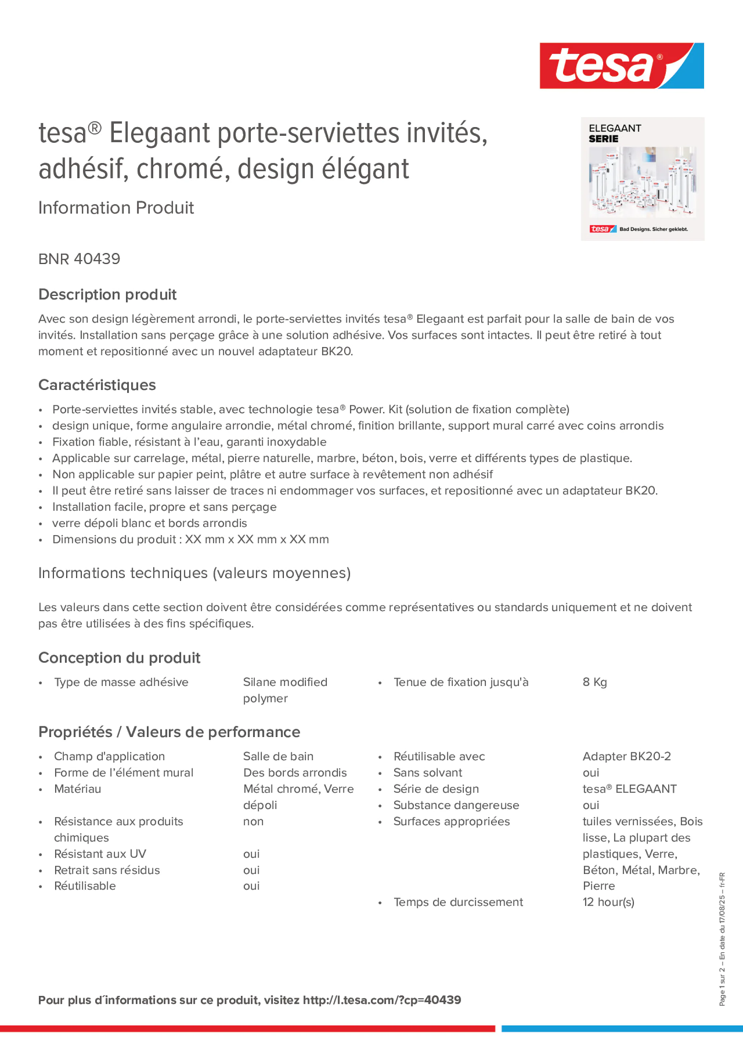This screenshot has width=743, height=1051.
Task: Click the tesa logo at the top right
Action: tap(621, 65)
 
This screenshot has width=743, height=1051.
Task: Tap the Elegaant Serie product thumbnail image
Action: tap(642, 179)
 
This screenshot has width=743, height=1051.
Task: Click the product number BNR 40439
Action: tap(79, 259)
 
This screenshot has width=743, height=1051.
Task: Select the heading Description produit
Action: tap(107, 294)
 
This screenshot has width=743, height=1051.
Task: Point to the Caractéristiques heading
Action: tap(97, 385)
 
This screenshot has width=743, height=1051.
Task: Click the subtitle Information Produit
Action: tap(116, 208)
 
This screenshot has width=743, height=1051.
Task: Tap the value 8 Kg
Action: tap(595, 682)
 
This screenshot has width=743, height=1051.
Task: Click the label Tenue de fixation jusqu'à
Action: tap(461, 682)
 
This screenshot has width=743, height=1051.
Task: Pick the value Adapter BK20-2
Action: tap(626, 756)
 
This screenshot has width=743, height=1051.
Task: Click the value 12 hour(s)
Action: tap(608, 902)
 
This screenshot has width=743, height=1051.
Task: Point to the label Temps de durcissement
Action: tap(458, 902)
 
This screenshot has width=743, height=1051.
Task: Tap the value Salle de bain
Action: tap(278, 756)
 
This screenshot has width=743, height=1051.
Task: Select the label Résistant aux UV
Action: tap(100, 854)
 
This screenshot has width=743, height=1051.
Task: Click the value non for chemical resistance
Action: tap(253, 821)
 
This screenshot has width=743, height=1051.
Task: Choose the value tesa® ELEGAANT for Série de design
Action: tap(629, 789)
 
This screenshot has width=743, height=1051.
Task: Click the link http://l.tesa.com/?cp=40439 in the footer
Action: tap(382, 1000)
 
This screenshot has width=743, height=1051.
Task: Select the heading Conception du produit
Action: tap(119, 658)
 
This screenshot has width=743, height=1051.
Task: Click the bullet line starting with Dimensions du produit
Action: tap(191, 539)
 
